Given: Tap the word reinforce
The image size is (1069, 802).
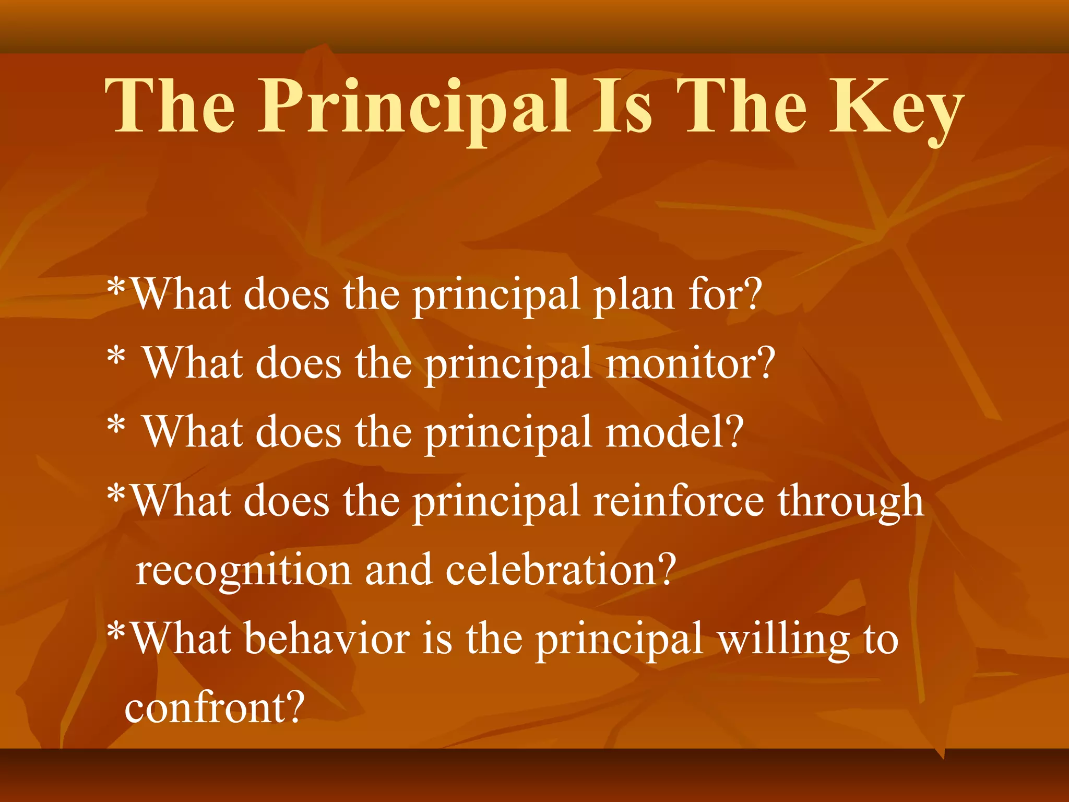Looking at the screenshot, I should click(x=679, y=501).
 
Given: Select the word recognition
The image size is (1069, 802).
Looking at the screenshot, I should click(x=243, y=571).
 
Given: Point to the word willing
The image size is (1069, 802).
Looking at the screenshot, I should click(x=783, y=640).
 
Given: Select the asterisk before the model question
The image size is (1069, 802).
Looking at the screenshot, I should click(x=116, y=427).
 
